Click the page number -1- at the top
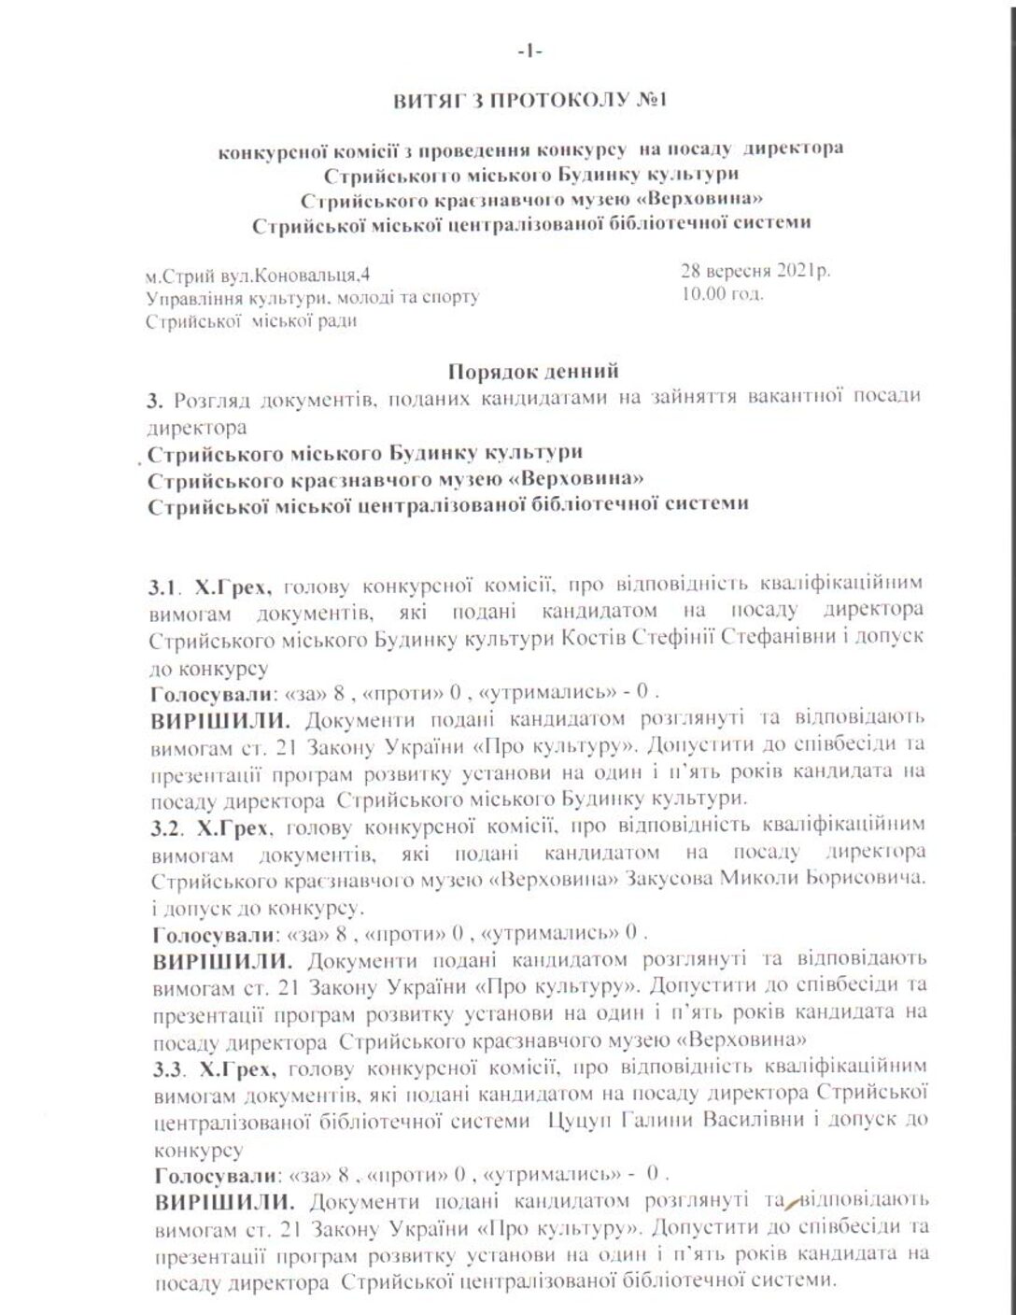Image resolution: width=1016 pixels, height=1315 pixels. (x=529, y=53)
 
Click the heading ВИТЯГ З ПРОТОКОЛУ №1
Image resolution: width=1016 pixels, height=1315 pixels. (x=529, y=100)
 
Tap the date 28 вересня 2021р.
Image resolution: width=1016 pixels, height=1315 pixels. (x=755, y=272)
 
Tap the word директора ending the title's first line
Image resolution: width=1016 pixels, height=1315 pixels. (x=797, y=148)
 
